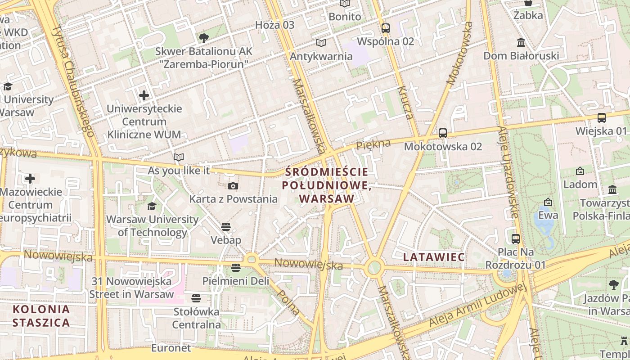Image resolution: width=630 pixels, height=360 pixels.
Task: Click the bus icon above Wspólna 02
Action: click(385, 28)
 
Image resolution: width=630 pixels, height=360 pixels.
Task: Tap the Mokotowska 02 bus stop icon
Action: click(443, 133)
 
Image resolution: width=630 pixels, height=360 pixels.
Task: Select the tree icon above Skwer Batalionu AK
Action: click(203, 38)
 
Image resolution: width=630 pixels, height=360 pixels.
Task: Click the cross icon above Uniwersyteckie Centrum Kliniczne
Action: click(144, 95)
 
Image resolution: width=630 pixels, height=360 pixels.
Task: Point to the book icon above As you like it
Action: click(179, 157)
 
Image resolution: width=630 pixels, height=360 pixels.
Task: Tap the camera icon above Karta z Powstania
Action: click(233, 186)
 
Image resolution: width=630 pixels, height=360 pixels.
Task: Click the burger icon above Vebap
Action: click(226, 226)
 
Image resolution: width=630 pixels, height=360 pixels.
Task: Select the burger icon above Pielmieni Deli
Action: click(235, 268)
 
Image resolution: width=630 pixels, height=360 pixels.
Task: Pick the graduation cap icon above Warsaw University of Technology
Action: click(152, 206)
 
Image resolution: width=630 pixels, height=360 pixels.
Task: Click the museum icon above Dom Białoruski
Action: click(521, 43)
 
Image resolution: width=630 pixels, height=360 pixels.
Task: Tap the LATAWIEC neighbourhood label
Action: click(434, 257)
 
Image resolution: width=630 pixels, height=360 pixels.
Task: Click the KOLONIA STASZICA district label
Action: click(41, 316)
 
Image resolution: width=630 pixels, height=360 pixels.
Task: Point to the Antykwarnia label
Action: click(321, 56)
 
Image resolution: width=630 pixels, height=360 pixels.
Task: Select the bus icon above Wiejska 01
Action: click(601, 118)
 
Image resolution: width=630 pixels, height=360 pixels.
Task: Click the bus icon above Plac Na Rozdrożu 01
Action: click(516, 238)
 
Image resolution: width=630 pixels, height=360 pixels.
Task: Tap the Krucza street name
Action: click(405, 103)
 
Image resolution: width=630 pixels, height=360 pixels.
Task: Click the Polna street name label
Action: click(288, 302)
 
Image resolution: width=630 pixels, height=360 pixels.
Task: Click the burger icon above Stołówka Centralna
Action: click(196, 298)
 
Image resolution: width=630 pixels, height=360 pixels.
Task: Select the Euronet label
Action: click(171, 348)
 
